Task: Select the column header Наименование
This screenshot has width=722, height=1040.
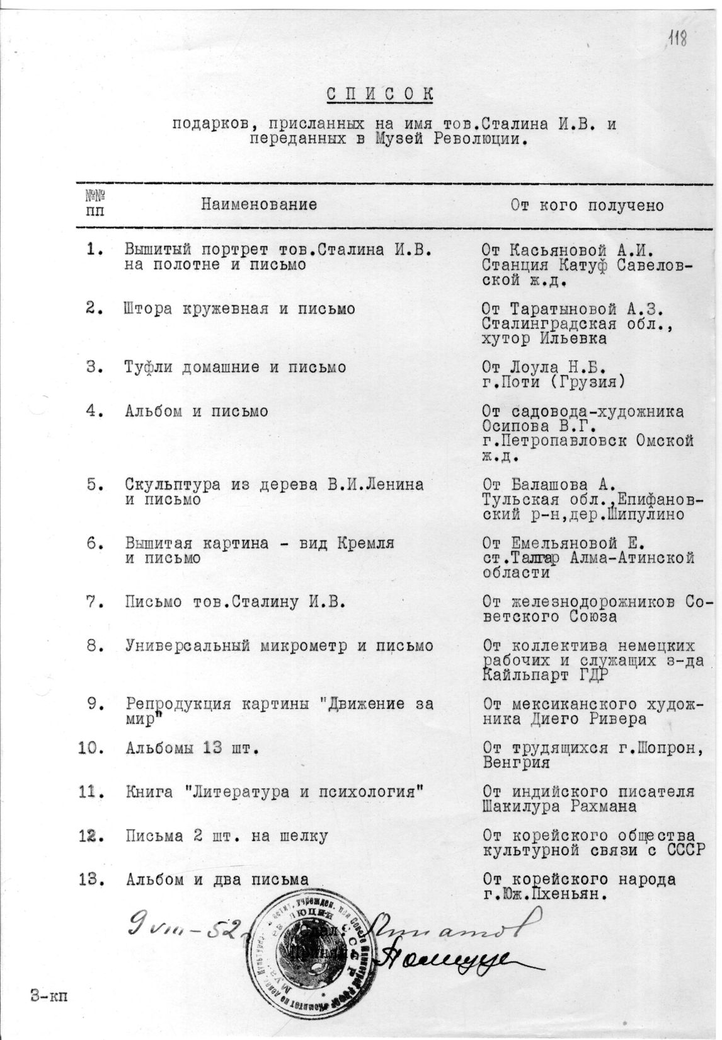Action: [x=259, y=205]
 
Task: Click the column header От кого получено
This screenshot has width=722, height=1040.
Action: [x=588, y=206]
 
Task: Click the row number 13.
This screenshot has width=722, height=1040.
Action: [x=91, y=879]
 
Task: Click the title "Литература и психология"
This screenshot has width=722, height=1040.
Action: [x=302, y=792]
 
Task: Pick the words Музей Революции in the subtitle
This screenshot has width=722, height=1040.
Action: [x=449, y=139]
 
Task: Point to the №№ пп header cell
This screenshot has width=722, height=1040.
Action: [x=95, y=204]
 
